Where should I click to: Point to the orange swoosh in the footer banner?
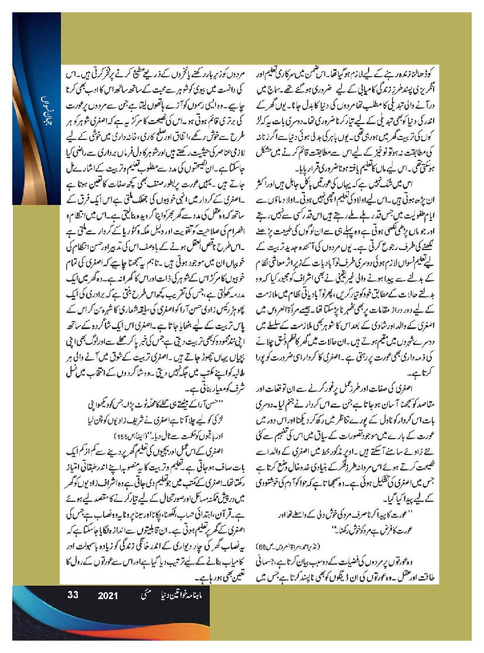click(x=35, y=621)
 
